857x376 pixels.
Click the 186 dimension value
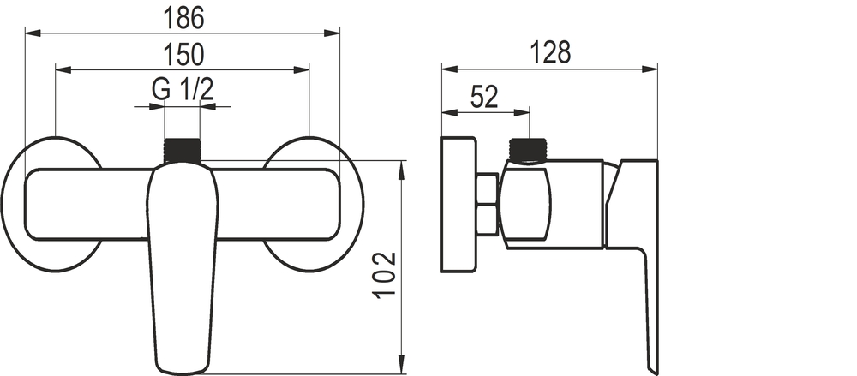tap(183, 18)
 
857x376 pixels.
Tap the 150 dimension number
tap(183, 55)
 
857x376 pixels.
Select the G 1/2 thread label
tap(183, 89)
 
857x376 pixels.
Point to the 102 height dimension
tap(386, 275)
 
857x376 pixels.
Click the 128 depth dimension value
tap(550, 53)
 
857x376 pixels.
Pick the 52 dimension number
tap(485, 98)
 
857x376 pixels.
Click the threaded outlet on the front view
tap(183, 150)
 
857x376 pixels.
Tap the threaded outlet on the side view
tap(529, 150)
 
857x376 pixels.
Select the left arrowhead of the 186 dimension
tap(33, 33)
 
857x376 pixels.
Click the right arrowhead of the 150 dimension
tap(302, 70)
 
